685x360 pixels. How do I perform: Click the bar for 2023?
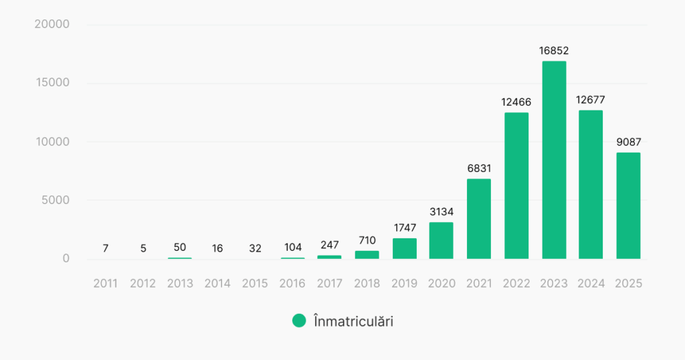click(554, 160)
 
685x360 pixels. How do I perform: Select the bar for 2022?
click(516, 185)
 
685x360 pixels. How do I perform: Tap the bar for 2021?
click(479, 219)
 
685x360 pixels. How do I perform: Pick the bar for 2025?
click(628, 205)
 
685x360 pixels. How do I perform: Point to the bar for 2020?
click(442, 240)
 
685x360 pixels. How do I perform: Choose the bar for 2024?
click(591, 184)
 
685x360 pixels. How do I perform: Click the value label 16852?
click(554, 50)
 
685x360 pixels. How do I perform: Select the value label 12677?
click(591, 100)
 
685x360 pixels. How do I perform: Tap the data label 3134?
click(442, 211)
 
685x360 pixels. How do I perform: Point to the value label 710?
click(367, 240)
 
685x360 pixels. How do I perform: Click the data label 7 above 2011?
click(106, 248)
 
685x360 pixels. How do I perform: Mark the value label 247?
click(329, 246)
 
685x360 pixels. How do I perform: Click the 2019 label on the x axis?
click(404, 284)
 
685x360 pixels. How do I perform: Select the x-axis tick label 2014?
click(217, 284)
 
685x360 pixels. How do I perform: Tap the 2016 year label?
click(292, 284)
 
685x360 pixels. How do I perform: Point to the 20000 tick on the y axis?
click(52, 25)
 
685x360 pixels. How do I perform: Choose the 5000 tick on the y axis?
click(55, 200)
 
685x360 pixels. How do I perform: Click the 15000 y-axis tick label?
click(52, 83)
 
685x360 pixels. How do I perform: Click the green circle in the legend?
click(299, 321)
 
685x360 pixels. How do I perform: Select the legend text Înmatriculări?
click(353, 321)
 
